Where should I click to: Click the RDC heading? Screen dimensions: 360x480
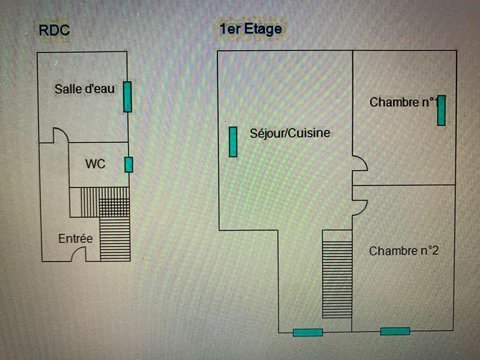pos(54,30)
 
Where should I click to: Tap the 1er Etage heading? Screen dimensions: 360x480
pos(250,29)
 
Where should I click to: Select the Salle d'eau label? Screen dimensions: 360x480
pos(84,89)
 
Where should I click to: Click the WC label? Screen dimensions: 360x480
pos(95,164)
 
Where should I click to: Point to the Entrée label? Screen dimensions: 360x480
pos(75,238)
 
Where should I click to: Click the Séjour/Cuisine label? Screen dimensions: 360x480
pos(290,133)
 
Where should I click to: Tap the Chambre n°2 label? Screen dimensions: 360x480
pos(403,251)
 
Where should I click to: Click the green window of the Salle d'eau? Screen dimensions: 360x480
pos(127,96)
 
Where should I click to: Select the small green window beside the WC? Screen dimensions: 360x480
pos(129,165)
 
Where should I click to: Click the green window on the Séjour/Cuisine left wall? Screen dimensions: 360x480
pos(233,142)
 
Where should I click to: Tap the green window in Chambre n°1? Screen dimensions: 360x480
pos(441,110)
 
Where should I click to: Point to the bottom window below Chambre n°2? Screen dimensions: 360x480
pos(395,331)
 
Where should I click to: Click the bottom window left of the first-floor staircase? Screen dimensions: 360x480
pos(308,333)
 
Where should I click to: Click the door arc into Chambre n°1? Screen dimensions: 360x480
pos(360,163)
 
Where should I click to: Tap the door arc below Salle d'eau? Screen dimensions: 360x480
pos(61,135)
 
